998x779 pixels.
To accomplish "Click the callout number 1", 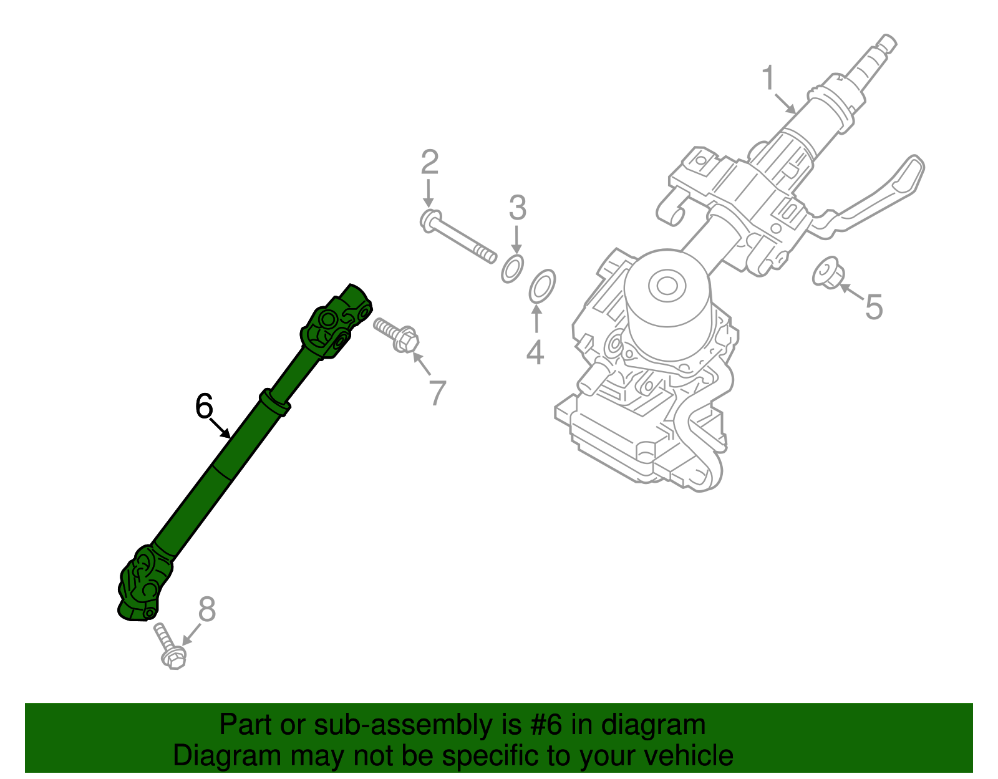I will (768, 79).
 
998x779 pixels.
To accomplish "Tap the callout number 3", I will (517, 208).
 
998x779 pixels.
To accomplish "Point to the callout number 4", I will (535, 353).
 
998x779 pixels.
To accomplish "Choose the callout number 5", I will (874, 307).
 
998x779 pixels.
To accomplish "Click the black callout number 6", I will (204, 407).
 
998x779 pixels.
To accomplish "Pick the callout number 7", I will (437, 394).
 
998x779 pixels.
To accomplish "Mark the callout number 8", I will (206, 609).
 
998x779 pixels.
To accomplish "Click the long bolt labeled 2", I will (459, 238).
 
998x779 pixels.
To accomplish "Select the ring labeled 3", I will (512, 269).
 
